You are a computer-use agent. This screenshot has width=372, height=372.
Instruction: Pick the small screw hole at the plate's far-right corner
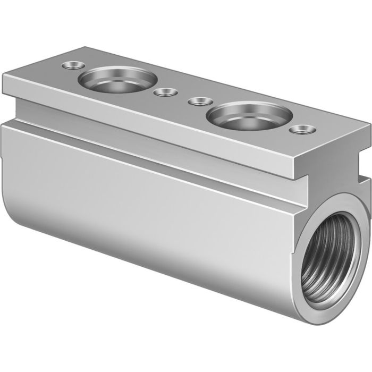(x=303, y=129)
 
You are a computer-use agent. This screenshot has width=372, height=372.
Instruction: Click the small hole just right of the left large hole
(x=165, y=92)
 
